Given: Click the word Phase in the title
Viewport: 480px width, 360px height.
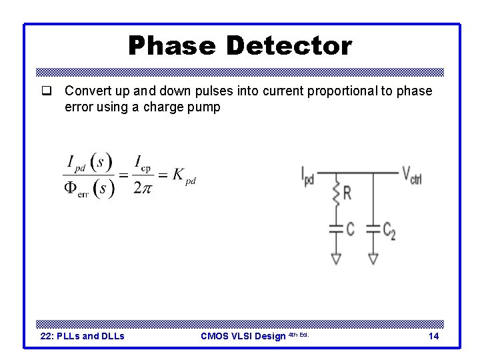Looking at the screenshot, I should coord(171,46).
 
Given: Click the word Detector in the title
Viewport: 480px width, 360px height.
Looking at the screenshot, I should coord(289,46).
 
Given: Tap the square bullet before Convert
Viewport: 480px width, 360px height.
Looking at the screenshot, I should coord(46,91).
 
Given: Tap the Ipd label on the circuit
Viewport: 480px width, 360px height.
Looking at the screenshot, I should coord(307,177).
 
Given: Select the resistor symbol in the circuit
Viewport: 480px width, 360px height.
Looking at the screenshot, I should coord(337,193).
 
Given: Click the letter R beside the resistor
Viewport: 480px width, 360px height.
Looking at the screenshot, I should coord(347,194).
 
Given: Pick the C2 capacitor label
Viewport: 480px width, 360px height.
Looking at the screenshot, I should coord(389,230).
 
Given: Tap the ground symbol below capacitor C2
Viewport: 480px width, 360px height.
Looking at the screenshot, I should coord(373,258).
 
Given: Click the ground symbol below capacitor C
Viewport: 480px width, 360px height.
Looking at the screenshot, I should coord(337,258).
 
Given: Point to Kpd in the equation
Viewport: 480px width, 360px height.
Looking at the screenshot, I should coord(184,175).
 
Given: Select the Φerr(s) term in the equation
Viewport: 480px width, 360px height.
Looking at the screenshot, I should coord(89,188).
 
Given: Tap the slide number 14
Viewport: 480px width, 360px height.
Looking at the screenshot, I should coord(433,336).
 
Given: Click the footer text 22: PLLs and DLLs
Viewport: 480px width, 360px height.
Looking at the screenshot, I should coord(83,336).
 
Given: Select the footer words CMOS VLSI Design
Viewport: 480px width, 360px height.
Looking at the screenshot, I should coord(243,336).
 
